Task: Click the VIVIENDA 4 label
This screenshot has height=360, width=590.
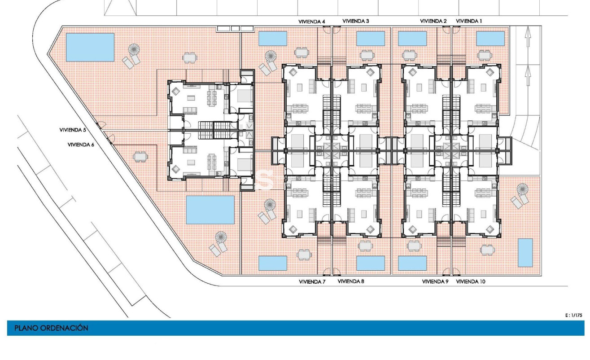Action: (x=312, y=21)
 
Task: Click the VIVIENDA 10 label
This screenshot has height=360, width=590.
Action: (x=471, y=282)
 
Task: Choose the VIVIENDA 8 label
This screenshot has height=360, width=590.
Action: (x=351, y=282)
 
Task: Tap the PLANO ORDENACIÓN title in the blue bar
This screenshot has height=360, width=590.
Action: (x=51, y=328)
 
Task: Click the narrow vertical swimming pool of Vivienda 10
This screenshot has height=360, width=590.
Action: (x=525, y=253)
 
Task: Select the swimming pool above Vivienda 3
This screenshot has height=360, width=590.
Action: (x=371, y=39)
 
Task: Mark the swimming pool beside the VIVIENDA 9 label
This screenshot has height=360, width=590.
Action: (x=412, y=263)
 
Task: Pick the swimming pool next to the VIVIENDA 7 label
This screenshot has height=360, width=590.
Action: (x=273, y=263)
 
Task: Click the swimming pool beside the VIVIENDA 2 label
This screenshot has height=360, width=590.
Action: (x=412, y=39)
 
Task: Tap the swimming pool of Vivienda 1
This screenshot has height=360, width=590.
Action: (x=490, y=39)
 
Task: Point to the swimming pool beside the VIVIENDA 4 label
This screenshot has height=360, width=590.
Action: (x=273, y=39)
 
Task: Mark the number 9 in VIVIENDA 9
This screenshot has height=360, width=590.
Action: (x=446, y=282)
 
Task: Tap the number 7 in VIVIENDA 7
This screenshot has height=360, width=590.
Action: (x=323, y=282)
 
